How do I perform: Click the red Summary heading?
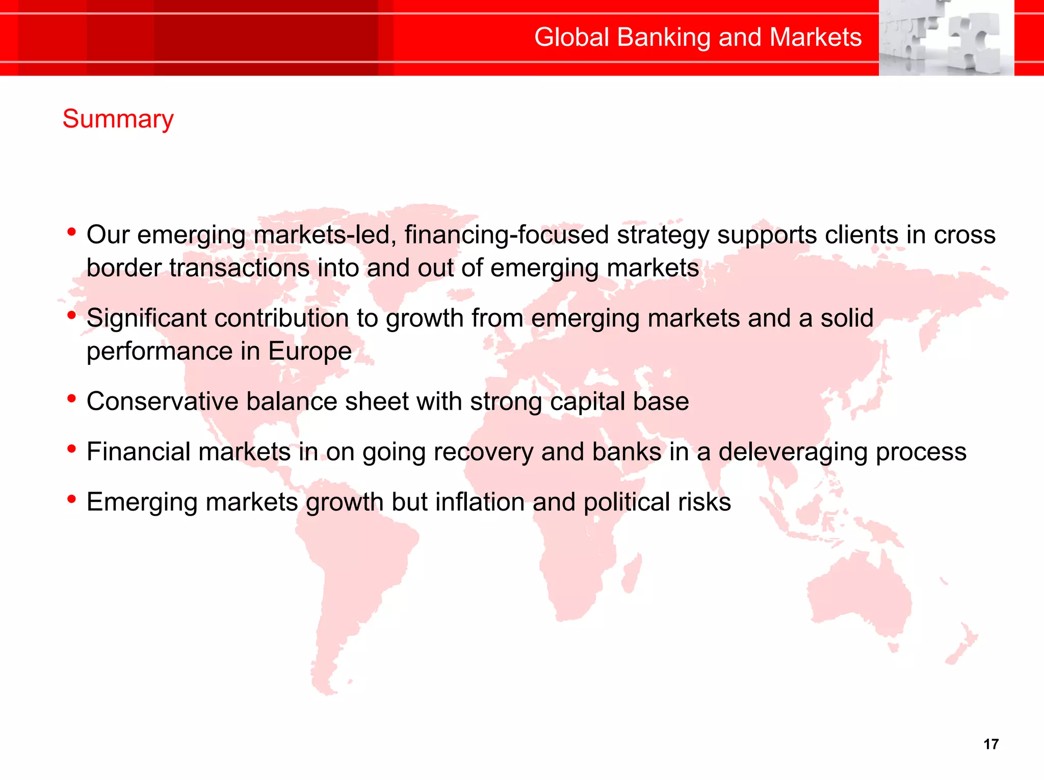click(x=118, y=119)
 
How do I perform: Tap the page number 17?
click(x=990, y=744)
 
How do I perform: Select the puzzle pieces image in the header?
click(x=946, y=38)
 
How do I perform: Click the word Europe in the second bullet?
click(x=310, y=352)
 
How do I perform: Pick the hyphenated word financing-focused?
click(x=507, y=235)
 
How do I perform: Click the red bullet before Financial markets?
click(x=72, y=449)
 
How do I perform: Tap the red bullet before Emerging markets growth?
click(x=72, y=499)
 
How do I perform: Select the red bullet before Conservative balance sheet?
click(x=72, y=398)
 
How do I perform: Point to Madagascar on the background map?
click(x=632, y=573)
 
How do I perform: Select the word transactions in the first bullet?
click(x=239, y=268)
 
